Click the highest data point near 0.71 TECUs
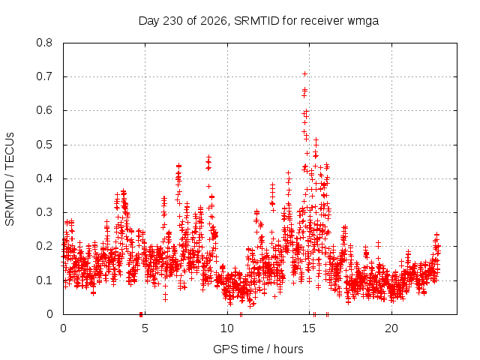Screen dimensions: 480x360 point(304,73)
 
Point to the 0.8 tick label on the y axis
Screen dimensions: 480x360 point(44,43)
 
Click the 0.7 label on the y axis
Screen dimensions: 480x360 point(44,76)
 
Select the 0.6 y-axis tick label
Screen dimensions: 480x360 point(44,110)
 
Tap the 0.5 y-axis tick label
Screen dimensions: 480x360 point(44,145)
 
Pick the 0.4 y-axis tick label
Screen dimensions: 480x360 point(44,178)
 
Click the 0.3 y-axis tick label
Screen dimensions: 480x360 point(44,212)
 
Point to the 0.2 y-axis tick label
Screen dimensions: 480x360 point(44,246)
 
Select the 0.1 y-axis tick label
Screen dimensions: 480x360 point(44,280)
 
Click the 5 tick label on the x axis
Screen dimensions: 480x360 point(145,328)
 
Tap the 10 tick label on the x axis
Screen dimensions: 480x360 point(227,328)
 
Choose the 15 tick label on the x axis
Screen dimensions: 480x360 point(309,328)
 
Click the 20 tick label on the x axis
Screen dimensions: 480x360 point(391,328)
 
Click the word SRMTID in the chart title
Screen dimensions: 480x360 point(256,21)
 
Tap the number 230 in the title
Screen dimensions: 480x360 point(173,21)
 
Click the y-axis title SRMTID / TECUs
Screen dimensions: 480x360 point(10,179)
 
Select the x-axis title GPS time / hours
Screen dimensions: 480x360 point(258,349)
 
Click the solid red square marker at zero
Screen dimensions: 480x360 point(141,314)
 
